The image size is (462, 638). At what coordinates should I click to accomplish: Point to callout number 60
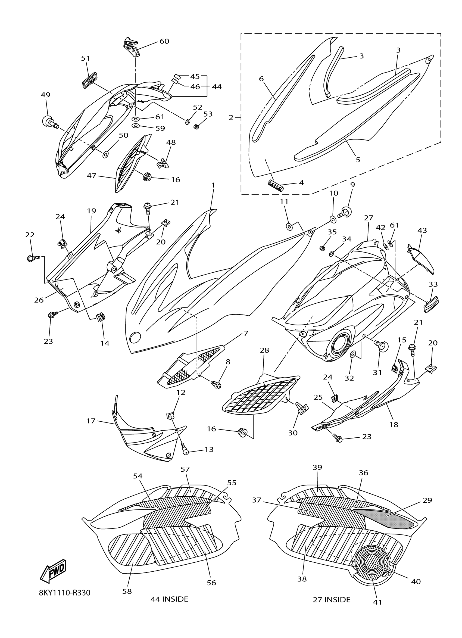click(x=164, y=41)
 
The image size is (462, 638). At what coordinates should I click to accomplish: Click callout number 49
click(x=46, y=95)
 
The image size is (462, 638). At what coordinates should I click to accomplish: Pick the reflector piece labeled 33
click(x=431, y=304)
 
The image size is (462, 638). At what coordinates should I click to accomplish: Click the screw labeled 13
click(x=185, y=451)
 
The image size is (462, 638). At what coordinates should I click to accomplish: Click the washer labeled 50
click(x=106, y=154)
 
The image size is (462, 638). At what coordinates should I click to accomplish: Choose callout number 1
click(x=213, y=185)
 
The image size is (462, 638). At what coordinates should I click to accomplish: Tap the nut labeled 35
click(x=323, y=248)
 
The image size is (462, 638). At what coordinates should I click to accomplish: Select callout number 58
click(x=127, y=591)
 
